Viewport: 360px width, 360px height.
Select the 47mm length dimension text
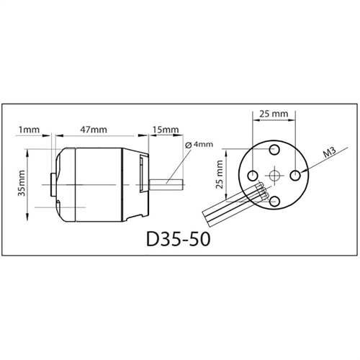point(93,130)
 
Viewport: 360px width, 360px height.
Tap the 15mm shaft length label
point(166,130)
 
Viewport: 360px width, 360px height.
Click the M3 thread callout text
point(329,153)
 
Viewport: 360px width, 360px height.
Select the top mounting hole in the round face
point(274,149)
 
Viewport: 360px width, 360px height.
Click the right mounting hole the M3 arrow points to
point(296,174)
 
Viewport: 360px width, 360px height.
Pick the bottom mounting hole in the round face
point(274,200)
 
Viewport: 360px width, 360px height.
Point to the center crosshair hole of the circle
point(274,175)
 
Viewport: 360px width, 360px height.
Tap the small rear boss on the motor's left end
point(53,183)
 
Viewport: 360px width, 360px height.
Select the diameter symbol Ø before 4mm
point(188,145)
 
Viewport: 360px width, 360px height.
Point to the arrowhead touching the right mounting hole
point(302,171)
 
